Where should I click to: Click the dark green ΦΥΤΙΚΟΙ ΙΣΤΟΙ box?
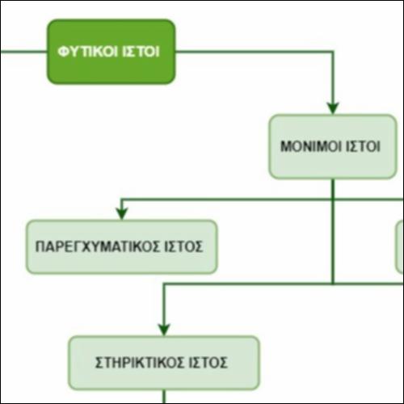click(112, 52)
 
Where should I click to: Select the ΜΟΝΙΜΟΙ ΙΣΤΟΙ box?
click(333, 146)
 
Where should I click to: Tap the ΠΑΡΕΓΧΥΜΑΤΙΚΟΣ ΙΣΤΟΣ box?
click(121, 246)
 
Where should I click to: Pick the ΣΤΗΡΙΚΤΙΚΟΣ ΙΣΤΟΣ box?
click(164, 363)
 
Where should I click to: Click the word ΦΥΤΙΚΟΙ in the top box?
click(87, 52)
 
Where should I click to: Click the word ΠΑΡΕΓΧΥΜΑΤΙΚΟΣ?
click(98, 246)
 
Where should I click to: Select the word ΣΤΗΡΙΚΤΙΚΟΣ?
click(139, 363)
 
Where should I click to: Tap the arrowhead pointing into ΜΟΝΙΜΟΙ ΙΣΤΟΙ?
click(333, 108)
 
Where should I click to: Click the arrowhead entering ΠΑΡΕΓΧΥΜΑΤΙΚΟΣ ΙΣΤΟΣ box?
click(122, 214)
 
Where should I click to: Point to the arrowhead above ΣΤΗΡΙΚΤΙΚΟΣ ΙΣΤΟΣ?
click(164, 330)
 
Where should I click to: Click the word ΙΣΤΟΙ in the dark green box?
click(141, 52)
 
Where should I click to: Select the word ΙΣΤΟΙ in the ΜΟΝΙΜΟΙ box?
click(363, 146)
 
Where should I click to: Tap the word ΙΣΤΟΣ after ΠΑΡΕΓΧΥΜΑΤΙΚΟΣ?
click(183, 246)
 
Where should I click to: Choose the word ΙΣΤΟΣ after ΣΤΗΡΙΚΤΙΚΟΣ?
click(208, 363)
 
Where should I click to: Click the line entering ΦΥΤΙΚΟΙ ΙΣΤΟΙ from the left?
click(23, 52)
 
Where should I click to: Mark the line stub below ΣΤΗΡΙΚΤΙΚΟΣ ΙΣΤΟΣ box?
click(164, 397)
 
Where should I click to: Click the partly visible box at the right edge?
click(400, 246)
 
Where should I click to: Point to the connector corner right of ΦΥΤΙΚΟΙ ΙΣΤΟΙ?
click(333, 52)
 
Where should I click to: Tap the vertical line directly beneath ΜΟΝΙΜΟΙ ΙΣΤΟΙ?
click(333, 231)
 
